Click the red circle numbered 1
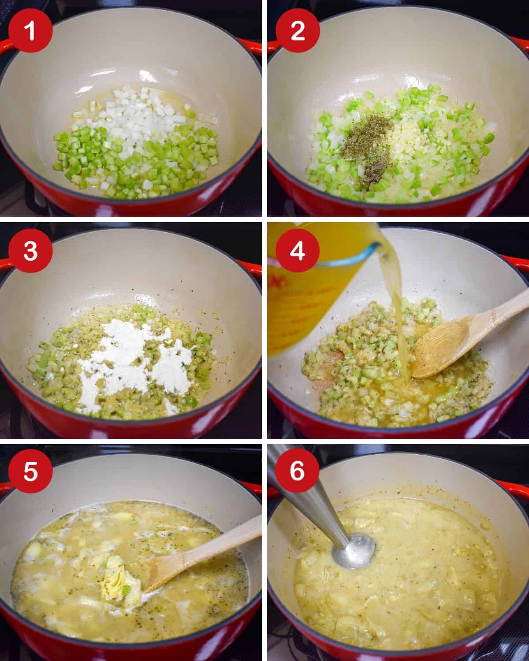coord(30,30)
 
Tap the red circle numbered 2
coord(298,30)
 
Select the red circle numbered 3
coord(30,251)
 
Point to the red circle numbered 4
coord(298,251)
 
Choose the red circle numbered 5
coord(30,471)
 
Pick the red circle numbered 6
coord(298,470)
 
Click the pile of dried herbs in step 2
coord(367,148)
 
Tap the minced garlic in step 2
coord(405,135)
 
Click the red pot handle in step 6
coord(513,485)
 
